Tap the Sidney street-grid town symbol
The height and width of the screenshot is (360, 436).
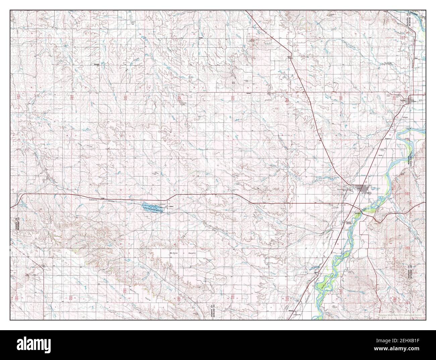pyautogui.click(x=363, y=188)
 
